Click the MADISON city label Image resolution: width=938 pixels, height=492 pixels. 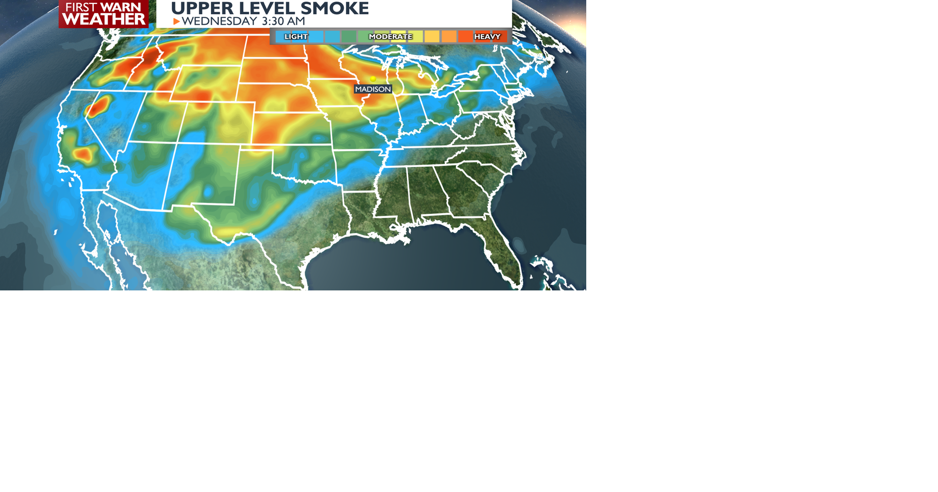coord(373,89)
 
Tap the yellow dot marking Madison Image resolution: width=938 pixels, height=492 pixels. coord(373,79)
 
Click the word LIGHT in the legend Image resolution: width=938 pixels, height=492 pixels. coord(296,37)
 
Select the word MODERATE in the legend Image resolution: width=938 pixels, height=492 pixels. coord(390,37)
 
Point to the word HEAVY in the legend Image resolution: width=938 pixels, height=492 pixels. coord(487,37)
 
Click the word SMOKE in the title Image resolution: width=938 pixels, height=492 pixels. coord(335,8)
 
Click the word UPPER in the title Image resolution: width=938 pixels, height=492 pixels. coord(202,8)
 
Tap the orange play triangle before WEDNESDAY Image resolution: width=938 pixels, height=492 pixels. coord(176,21)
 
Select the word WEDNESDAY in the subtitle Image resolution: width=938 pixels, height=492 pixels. coord(219,21)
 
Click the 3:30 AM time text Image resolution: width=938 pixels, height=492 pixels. coord(283,21)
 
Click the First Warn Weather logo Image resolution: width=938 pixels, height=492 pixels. coord(104,14)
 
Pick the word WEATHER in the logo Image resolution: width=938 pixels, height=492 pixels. coord(104,20)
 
